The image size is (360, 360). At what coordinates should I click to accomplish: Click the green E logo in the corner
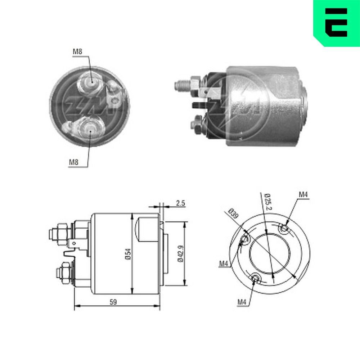(x=336, y=22)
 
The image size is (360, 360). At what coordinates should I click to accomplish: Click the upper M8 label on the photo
(x=78, y=52)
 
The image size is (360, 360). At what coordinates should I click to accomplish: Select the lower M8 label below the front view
(x=74, y=162)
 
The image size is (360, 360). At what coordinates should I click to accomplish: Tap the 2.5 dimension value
(x=180, y=203)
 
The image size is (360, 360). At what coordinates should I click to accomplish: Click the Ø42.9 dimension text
(x=180, y=254)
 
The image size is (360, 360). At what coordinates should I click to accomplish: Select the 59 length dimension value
(x=113, y=302)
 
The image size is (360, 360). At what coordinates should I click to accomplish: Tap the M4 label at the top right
(x=303, y=195)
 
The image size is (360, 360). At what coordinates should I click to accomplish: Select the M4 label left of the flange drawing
(x=224, y=264)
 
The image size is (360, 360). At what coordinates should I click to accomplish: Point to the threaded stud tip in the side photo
(x=179, y=86)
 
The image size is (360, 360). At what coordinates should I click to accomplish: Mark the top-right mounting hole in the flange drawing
(x=284, y=228)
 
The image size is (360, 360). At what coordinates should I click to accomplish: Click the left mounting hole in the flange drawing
(x=245, y=239)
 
